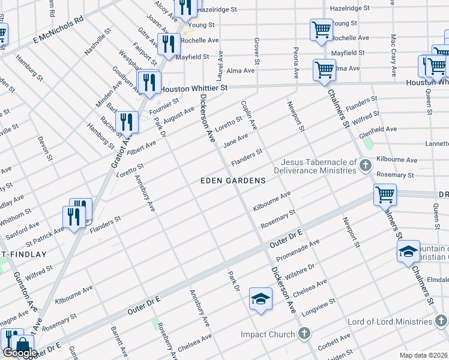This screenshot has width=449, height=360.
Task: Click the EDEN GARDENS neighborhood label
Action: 233,181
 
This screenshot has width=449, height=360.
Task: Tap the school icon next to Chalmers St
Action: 408,251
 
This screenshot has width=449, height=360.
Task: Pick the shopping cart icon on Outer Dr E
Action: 384,194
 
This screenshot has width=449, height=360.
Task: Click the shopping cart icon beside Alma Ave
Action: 324,70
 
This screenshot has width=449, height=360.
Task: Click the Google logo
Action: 20,353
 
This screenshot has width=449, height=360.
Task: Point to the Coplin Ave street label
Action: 249,115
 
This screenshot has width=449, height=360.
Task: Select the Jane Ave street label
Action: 235,141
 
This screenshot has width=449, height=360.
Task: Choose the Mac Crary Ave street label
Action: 393,56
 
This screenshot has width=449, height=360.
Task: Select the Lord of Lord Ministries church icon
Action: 440,322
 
